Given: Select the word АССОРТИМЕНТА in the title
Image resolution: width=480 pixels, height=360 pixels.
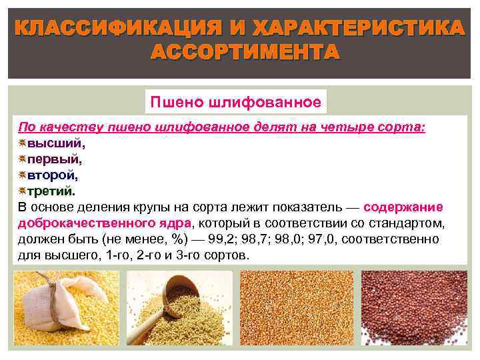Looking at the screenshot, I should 240,52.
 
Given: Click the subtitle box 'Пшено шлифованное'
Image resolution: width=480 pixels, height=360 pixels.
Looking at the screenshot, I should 236,102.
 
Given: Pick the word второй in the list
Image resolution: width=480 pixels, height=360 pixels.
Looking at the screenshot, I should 52,175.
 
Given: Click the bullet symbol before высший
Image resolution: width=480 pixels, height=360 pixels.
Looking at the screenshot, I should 22,143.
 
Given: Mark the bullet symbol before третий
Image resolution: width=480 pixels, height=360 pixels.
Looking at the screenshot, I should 22,191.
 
